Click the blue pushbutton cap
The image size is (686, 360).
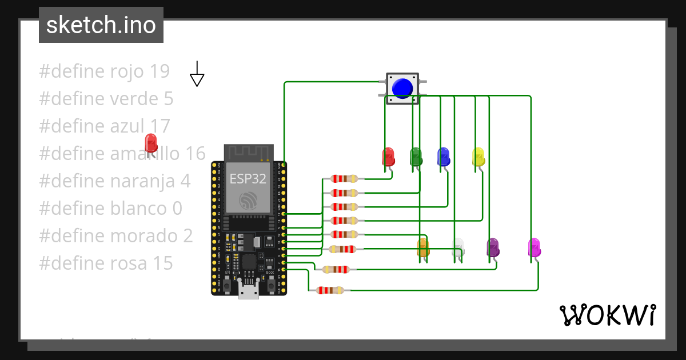coord(402,88)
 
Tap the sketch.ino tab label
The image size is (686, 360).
coord(101,25)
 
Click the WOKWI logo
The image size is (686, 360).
coord(607,315)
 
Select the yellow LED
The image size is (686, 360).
coord(478,157)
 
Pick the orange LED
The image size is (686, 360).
coord(423,247)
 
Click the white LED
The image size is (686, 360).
coord(458,247)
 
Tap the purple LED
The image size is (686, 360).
coord(493,247)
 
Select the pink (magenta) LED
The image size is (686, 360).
coord(534,247)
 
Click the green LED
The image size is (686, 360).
coord(416,156)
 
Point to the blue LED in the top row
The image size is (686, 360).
coord(443,156)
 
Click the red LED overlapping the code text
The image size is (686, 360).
coord(151,143)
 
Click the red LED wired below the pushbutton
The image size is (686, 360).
coord(388,157)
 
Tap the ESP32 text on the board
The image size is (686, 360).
coord(248,178)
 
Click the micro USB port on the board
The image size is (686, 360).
coord(248,292)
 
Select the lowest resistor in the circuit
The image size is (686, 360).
coord(330,290)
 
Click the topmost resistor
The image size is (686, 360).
coord(345,179)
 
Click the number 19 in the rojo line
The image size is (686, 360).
coord(159,71)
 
